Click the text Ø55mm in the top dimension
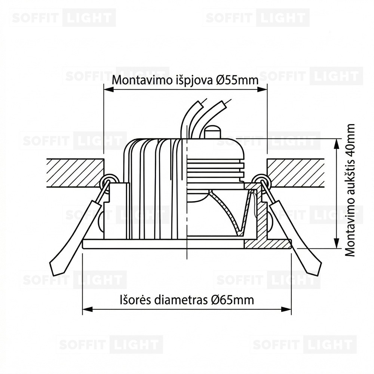point(237,80)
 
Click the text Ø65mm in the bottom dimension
point(233,300)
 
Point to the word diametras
point(181,300)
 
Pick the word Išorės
point(135,300)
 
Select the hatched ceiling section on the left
point(75,173)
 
